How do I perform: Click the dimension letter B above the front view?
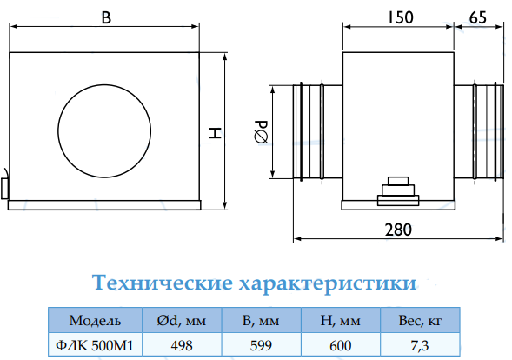[106, 17]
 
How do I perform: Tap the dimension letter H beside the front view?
[216, 133]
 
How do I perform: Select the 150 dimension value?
[401, 17]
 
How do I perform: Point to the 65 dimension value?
[478, 17]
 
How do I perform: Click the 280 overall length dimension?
[398, 230]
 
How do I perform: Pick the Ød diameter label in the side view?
[261, 132]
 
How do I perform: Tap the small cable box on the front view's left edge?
[5, 189]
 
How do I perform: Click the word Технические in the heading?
[162, 283]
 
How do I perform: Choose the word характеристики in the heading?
[328, 283]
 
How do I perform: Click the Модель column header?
[95, 321]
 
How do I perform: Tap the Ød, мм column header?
[182, 321]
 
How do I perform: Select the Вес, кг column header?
[420, 321]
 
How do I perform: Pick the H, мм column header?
[340, 321]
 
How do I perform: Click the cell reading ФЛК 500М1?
[95, 345]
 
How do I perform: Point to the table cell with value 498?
[182, 345]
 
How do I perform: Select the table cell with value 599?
[262, 345]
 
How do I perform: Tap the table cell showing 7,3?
[420, 345]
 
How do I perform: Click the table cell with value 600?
[340, 345]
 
